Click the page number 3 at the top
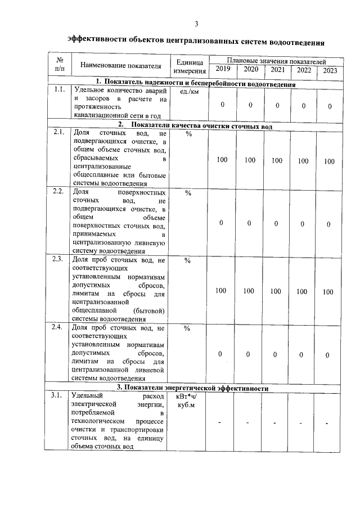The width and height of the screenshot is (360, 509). point(196,23)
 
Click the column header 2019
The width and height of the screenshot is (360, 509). point(223,70)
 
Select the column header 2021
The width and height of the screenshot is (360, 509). point(277,70)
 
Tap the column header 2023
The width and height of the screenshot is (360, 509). point(330,70)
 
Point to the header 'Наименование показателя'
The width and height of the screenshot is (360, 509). point(117,66)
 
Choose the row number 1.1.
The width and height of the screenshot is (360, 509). point(58,90)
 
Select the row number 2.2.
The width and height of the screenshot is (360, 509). point(58,192)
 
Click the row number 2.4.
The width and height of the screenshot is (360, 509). point(57,327)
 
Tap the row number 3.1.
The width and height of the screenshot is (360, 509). point(57,397)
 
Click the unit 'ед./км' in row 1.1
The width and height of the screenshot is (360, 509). point(188,91)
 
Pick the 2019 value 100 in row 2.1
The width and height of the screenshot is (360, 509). point(222,161)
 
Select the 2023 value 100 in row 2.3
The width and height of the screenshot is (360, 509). point(328,292)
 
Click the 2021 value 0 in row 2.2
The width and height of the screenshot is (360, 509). point(276,223)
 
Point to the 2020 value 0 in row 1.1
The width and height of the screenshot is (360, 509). point(250,106)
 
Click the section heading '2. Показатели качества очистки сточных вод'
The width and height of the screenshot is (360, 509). point(195,127)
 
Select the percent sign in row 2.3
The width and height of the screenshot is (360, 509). point(188,260)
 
